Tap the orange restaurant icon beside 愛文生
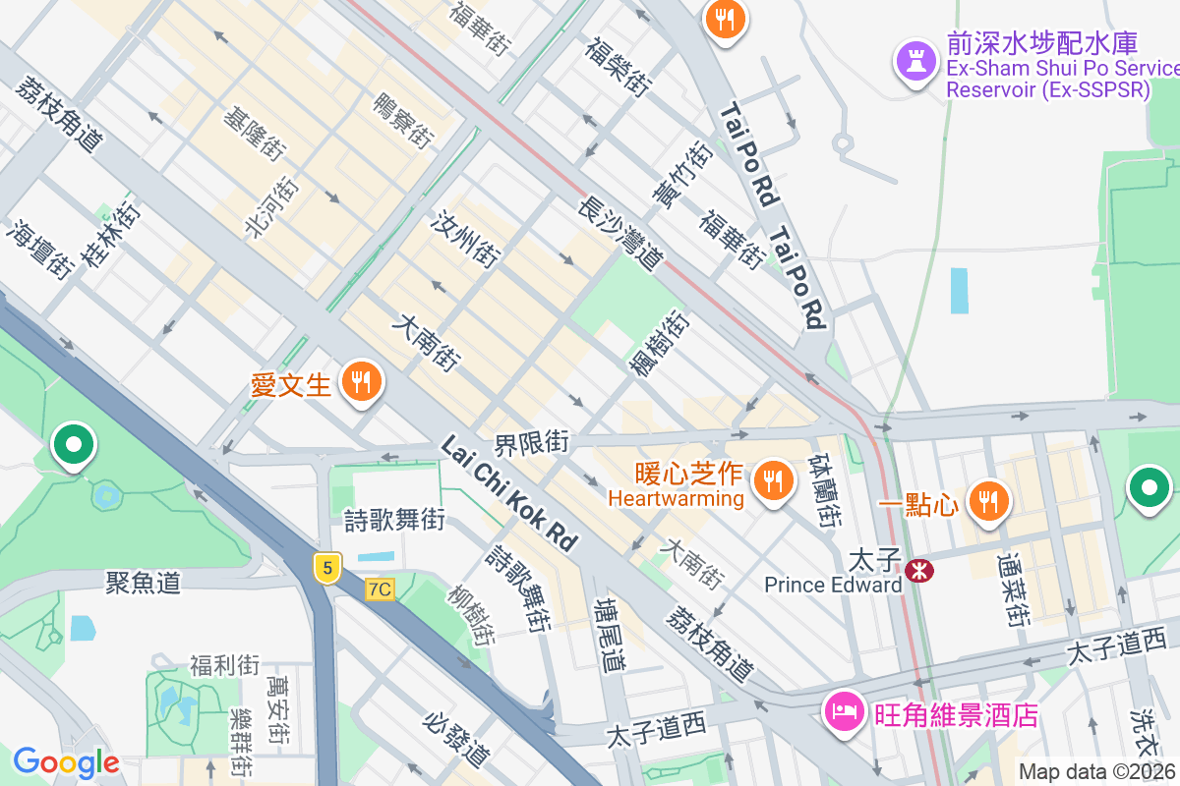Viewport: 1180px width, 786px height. [x=362, y=381]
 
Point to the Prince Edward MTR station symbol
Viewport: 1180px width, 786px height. [x=920, y=569]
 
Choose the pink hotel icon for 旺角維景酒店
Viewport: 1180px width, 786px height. [x=845, y=710]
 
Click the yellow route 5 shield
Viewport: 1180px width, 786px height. [x=327, y=567]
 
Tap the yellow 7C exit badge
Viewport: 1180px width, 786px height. [x=380, y=589]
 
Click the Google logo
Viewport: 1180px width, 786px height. [x=66, y=762]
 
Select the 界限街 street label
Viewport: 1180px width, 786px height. [x=532, y=443]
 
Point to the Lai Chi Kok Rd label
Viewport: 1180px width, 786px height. [x=508, y=493]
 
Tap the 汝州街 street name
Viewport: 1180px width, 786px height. [x=465, y=239]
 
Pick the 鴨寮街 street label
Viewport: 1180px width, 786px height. [x=403, y=121]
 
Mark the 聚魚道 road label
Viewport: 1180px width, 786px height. [x=144, y=583]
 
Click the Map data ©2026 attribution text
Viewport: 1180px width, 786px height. [x=1097, y=771]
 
